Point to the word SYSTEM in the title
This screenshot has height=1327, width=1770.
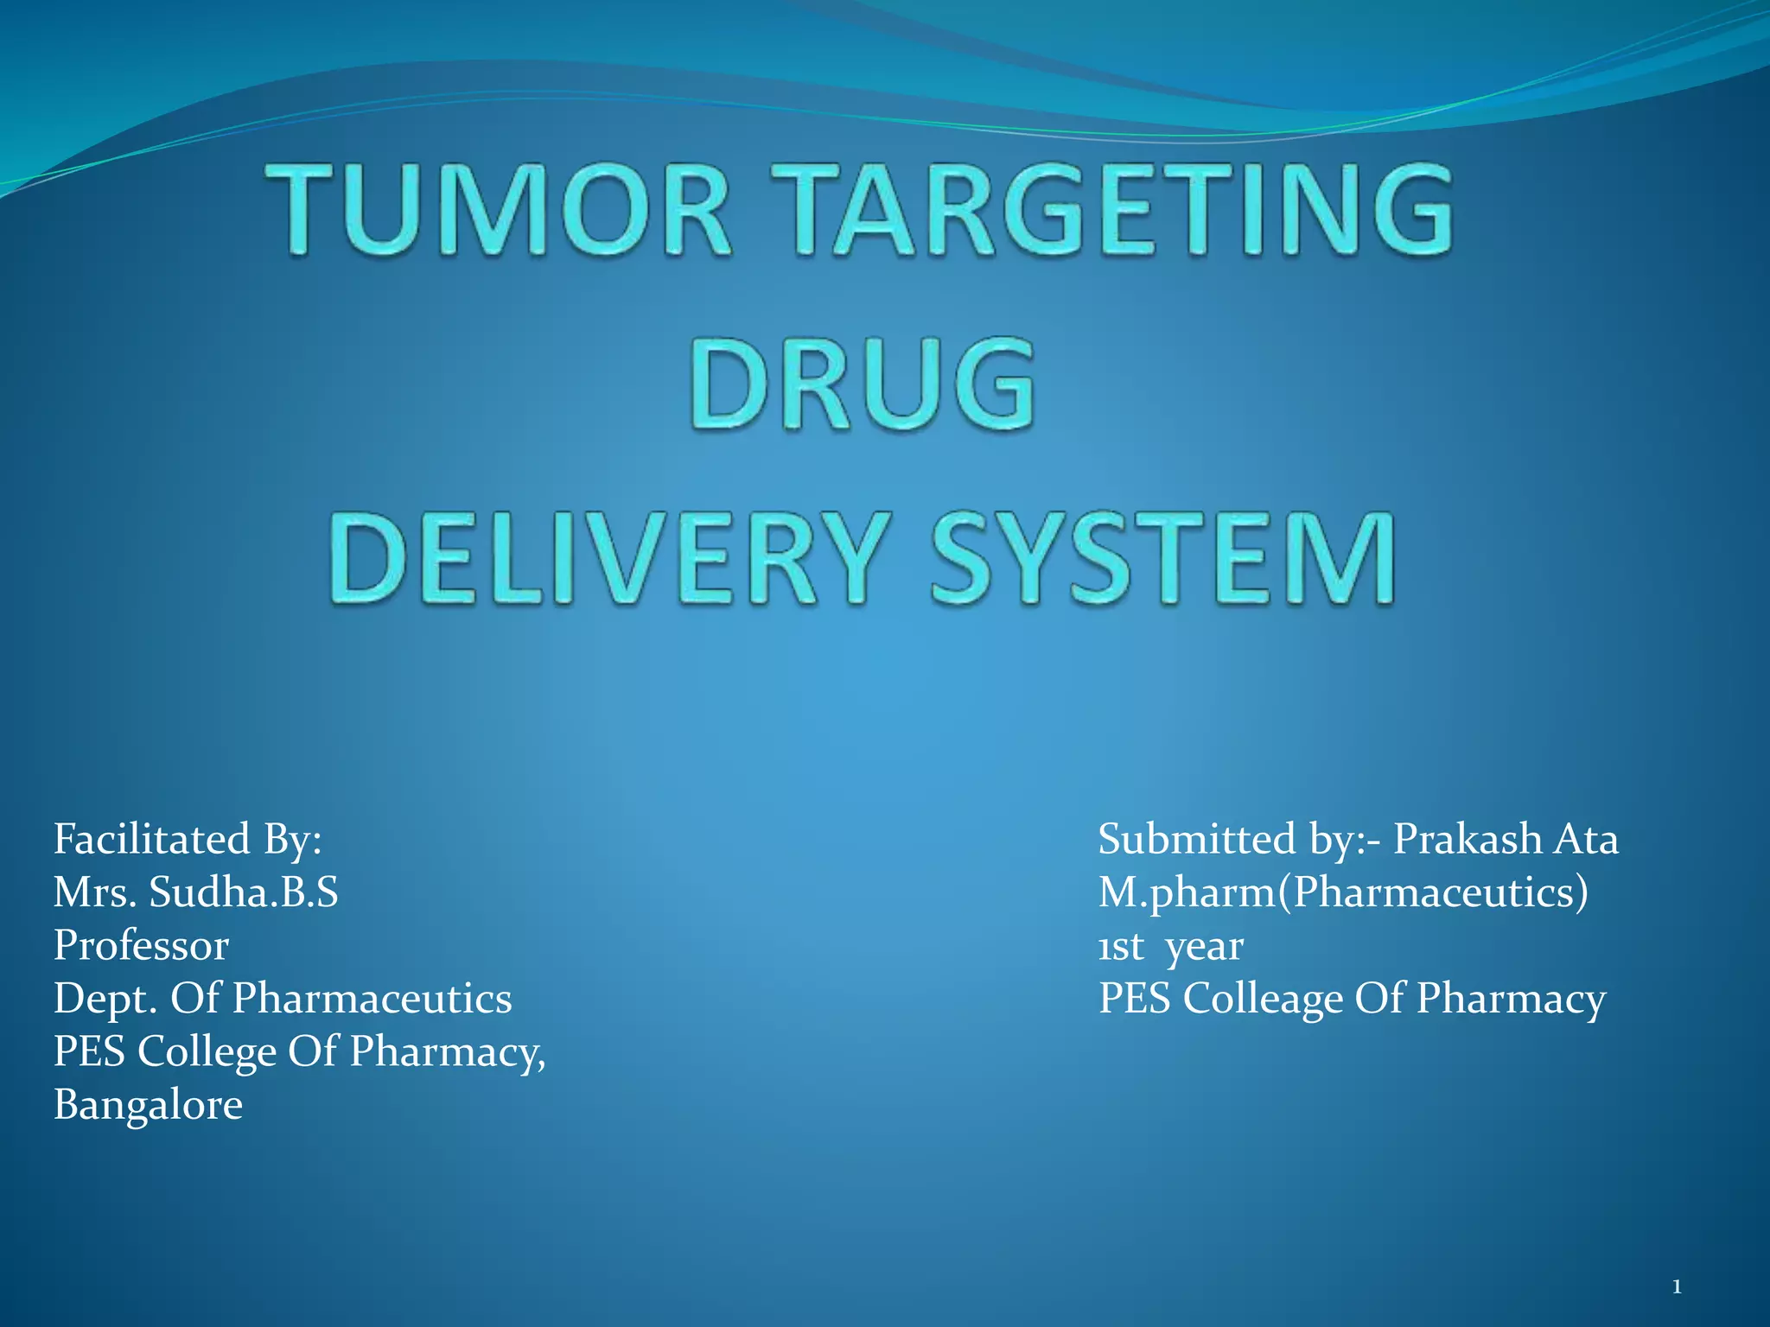click(1162, 557)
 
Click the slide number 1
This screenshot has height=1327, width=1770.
click(1677, 1287)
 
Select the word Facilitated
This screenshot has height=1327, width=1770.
click(139, 839)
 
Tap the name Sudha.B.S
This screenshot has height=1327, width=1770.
click(244, 892)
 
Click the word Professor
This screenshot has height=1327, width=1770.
click(141, 945)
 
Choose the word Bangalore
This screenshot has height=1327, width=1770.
click(148, 1104)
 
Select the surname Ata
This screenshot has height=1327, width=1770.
click(1586, 839)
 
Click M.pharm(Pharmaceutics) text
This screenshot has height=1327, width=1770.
click(1343, 892)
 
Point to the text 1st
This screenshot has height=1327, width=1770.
click(1120, 947)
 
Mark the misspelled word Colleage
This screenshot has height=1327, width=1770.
click(1263, 1000)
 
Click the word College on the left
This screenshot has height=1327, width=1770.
click(207, 1052)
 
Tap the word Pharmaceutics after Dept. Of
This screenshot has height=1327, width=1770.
click(372, 998)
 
